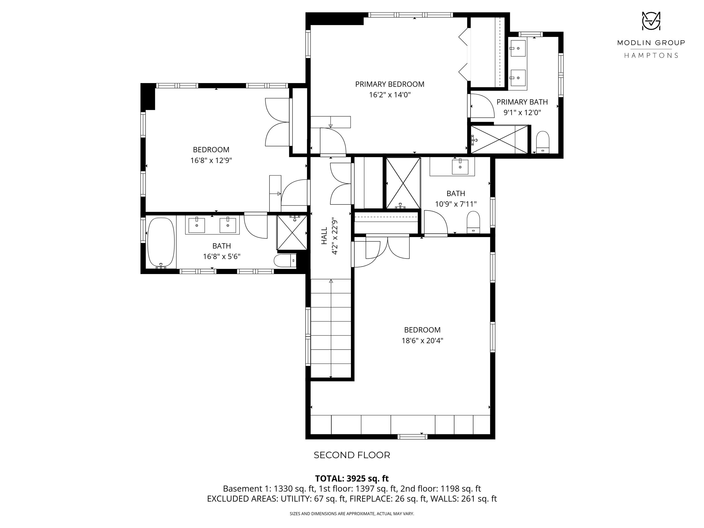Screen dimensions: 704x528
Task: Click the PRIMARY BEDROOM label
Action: [x=389, y=84]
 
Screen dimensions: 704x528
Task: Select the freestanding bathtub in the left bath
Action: [x=161, y=242]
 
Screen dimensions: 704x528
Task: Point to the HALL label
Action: [x=324, y=236]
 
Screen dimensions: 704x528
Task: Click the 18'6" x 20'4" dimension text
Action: [x=422, y=340]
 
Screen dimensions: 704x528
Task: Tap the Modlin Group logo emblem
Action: [x=651, y=21]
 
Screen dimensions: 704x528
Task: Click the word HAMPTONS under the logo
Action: [x=651, y=55]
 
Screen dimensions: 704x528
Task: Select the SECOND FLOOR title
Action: [x=352, y=455]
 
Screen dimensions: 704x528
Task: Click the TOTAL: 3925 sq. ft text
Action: [x=352, y=478]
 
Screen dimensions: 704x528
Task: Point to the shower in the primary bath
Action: [x=499, y=139]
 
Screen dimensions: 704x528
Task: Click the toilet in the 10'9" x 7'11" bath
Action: [x=473, y=222]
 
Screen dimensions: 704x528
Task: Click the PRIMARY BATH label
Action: [x=522, y=102]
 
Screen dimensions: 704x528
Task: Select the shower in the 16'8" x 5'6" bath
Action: [x=292, y=233]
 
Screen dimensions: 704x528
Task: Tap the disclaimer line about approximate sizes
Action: [x=352, y=513]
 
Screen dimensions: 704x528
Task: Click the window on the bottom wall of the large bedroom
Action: [x=413, y=437]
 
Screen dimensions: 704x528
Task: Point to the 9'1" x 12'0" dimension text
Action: [x=522, y=113]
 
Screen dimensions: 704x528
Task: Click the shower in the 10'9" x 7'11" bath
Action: [x=403, y=183]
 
